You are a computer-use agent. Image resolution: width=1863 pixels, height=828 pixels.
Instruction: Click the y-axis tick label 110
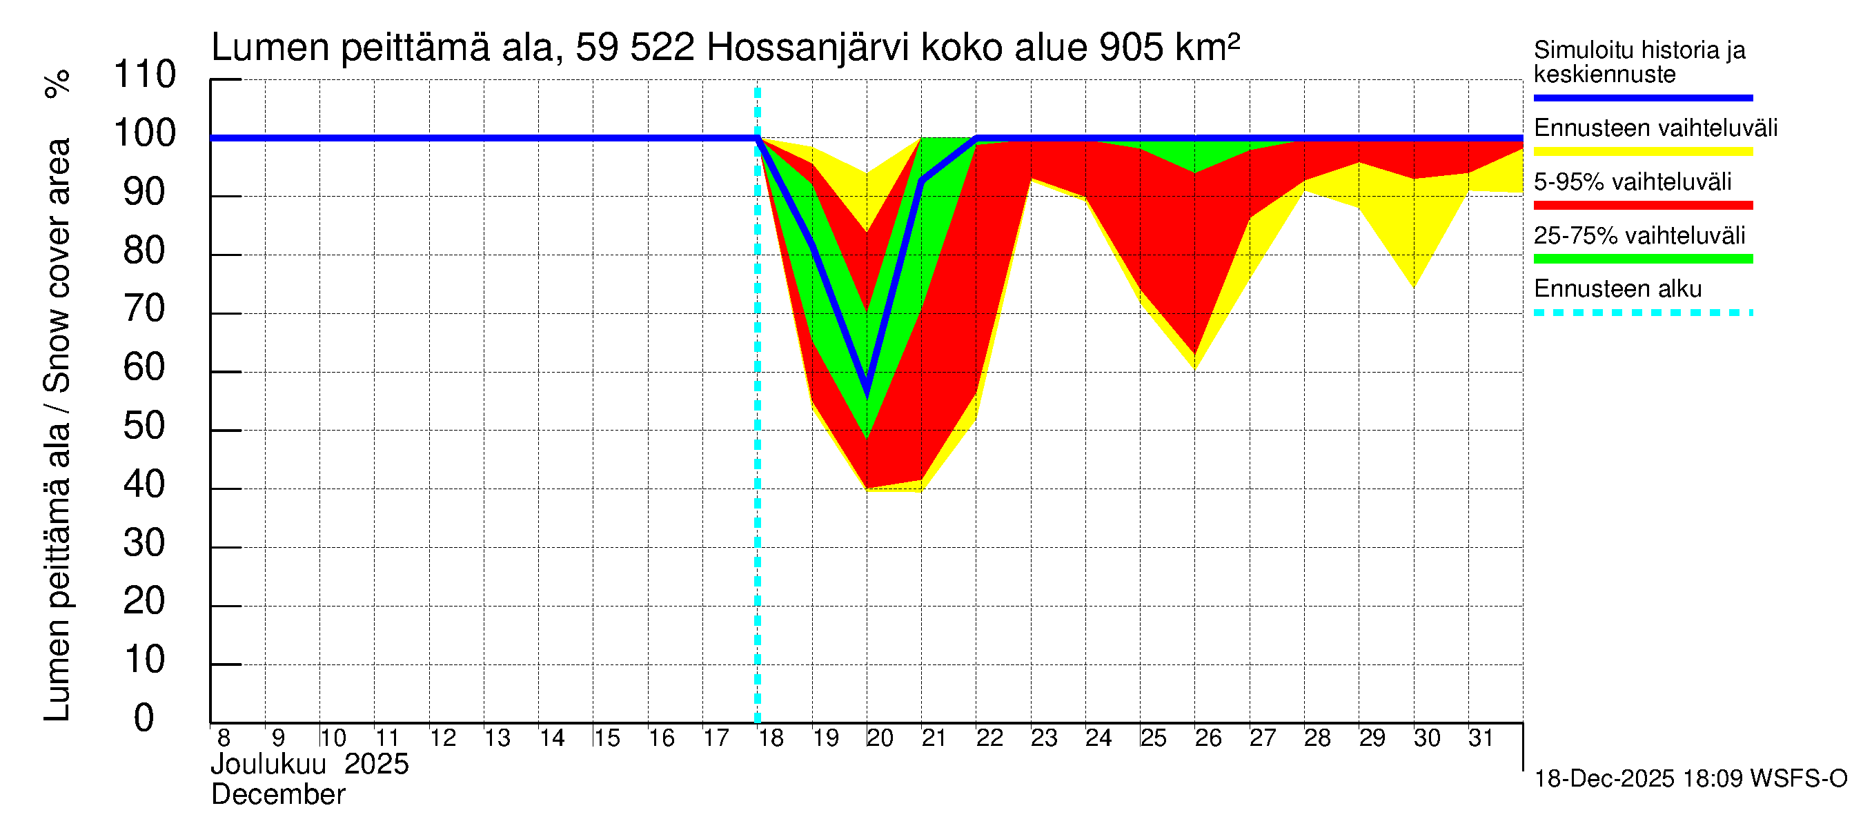[x=145, y=75]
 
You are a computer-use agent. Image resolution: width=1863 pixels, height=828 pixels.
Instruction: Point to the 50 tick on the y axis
[x=145, y=426]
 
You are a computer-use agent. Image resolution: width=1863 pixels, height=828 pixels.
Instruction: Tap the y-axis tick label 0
[x=144, y=719]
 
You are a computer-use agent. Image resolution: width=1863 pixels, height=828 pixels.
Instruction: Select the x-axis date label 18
[x=770, y=738]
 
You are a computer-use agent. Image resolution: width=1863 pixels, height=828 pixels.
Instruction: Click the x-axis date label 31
[x=1481, y=738]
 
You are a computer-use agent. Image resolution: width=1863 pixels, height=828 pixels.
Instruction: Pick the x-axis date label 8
[x=224, y=738]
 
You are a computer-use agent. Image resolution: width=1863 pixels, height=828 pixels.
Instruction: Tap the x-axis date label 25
[x=1153, y=738]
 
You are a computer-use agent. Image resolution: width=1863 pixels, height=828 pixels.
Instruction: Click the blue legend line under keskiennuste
[x=1642, y=97]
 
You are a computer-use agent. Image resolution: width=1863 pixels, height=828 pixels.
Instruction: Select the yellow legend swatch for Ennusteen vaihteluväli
[x=1642, y=152]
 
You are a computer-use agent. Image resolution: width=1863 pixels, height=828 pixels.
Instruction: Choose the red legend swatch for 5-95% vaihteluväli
[x=1642, y=206]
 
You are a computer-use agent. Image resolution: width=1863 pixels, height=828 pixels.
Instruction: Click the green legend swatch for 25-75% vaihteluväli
[x=1642, y=259]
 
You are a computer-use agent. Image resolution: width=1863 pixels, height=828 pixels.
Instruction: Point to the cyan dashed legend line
[x=1642, y=313]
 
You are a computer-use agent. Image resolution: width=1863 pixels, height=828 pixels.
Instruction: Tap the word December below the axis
[x=277, y=795]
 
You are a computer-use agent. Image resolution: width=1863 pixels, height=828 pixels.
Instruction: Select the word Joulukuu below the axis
[x=268, y=765]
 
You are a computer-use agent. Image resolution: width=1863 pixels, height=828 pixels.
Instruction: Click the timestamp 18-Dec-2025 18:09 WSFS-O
[x=1690, y=779]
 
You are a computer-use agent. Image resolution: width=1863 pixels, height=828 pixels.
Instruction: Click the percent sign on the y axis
[x=58, y=83]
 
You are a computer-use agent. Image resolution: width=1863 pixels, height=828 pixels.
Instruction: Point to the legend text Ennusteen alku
[x=1617, y=289]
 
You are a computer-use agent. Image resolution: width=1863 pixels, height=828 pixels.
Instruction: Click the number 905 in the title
[x=1131, y=48]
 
